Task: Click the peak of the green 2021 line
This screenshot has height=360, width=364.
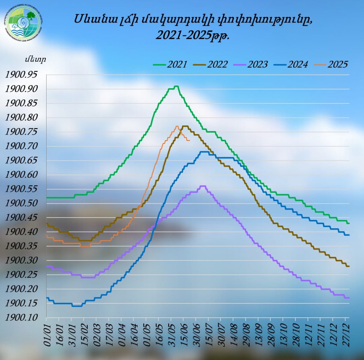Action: pyautogui.click(x=177, y=86)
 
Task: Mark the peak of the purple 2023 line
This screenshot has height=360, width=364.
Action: pyautogui.click(x=203, y=186)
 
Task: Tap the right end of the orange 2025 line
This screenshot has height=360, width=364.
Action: pyautogui.click(x=189, y=140)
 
